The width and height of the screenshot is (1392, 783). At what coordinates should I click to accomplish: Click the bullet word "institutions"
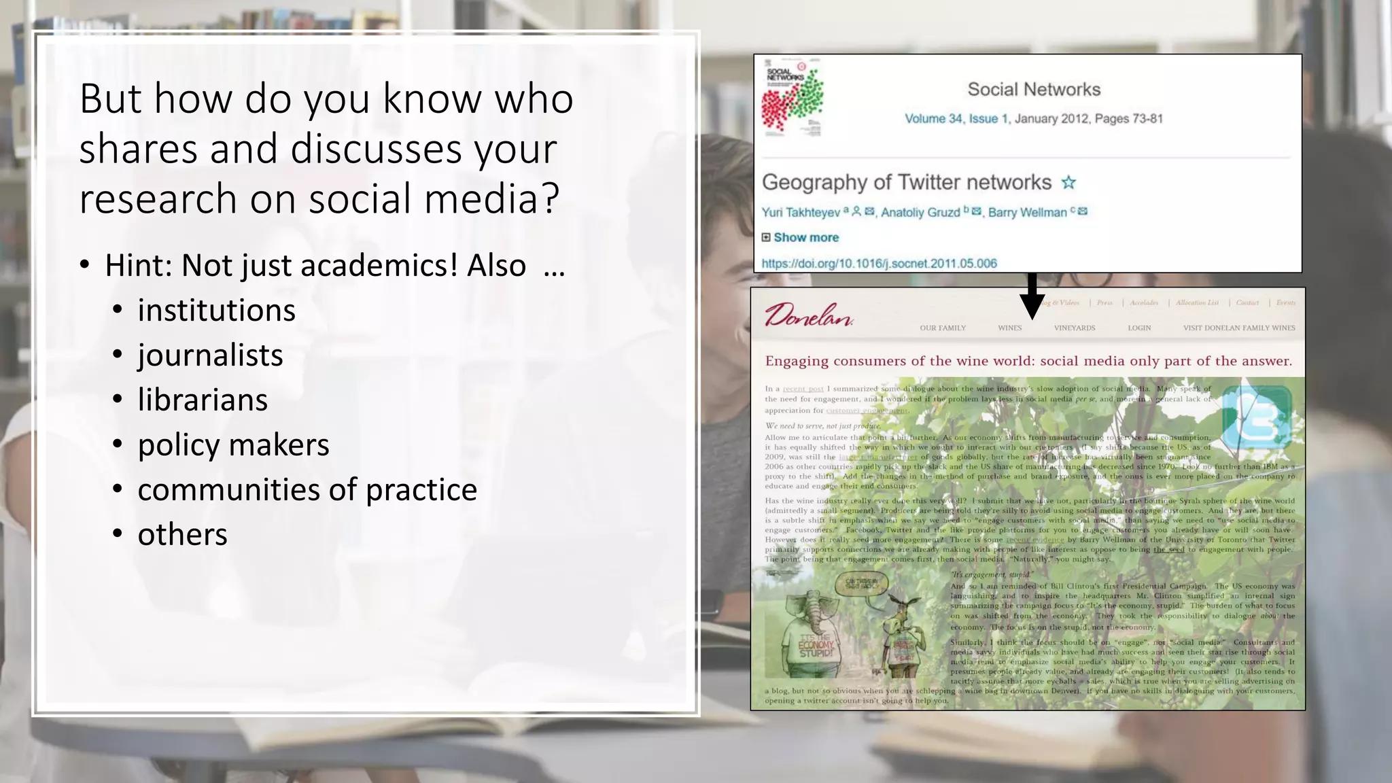pos(216,311)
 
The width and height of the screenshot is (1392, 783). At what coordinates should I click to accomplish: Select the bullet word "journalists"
pos(210,355)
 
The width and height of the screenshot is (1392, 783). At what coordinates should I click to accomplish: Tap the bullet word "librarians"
pos(203,400)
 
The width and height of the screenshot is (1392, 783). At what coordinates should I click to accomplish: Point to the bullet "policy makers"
pos(233,445)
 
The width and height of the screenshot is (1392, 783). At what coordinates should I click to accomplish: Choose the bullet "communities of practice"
pos(307,490)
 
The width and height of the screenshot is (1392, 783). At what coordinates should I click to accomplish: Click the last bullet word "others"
pos(182,535)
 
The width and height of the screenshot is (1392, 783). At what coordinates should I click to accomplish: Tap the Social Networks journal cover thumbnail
pos(793,98)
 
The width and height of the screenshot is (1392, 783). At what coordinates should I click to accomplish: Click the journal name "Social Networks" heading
pos(1034,89)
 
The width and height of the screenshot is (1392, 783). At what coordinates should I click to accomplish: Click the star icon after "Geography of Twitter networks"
pos(1069,182)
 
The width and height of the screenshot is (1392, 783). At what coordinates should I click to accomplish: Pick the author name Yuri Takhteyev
pos(801,213)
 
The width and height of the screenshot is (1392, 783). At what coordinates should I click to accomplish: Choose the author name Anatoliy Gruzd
pos(920,213)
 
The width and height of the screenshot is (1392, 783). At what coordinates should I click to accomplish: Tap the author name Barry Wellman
pos(1027,213)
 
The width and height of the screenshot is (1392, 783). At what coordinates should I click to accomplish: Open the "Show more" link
pos(805,238)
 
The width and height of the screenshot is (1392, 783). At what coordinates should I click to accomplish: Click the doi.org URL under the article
pos(879,264)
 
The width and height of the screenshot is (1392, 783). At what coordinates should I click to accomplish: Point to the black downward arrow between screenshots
pos(1032,296)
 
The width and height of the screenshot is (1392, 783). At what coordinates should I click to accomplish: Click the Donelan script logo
pos(808,316)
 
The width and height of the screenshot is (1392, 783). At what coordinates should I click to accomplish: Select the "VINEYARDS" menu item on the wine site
pos(1075,328)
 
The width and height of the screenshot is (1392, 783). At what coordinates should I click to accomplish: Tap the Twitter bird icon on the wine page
pos(1256,417)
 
